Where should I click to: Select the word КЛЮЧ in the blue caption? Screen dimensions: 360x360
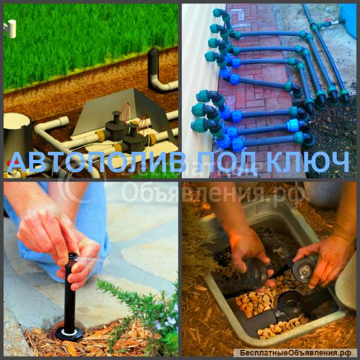pos(308,162)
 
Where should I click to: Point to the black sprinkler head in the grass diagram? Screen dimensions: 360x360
pos(153,61)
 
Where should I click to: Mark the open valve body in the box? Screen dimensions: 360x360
pos(290,303)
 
